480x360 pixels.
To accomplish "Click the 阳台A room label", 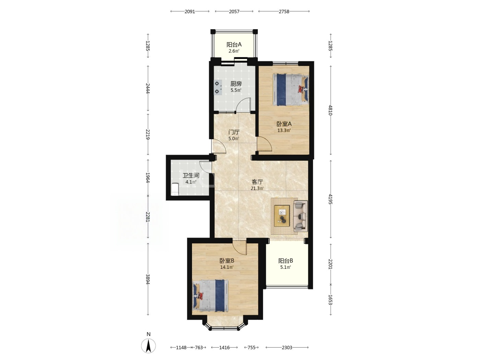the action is pyautogui.click(x=234, y=45).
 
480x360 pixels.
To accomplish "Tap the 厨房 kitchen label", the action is pyautogui.click(x=236, y=84).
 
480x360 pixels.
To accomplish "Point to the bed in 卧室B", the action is pyautogui.click(x=211, y=296).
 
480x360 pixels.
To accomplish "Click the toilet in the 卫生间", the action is pyautogui.click(x=175, y=189).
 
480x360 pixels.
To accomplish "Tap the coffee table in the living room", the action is pyautogui.click(x=282, y=216).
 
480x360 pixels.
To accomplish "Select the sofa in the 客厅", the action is pyautogui.click(x=300, y=216).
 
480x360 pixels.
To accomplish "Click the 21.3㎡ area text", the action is pyautogui.click(x=257, y=189).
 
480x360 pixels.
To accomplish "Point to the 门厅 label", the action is pyautogui.click(x=234, y=132).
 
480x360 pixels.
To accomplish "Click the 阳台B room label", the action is pyautogui.click(x=286, y=261).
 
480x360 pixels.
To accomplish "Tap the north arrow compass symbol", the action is pyautogui.click(x=148, y=346).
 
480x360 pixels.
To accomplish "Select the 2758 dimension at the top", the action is pyautogui.click(x=284, y=11).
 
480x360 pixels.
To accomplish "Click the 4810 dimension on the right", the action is pyautogui.click(x=331, y=110).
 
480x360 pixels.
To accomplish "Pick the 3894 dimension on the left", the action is pyautogui.click(x=148, y=279).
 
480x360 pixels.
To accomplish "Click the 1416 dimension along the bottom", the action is pyautogui.click(x=224, y=348).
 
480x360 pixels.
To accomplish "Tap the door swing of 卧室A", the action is pyautogui.click(x=264, y=144).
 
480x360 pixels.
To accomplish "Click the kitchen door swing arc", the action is pyautogui.click(x=243, y=105).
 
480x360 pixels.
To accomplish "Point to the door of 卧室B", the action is pyautogui.click(x=239, y=248).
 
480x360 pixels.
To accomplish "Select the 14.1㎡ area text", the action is pyautogui.click(x=227, y=267).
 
